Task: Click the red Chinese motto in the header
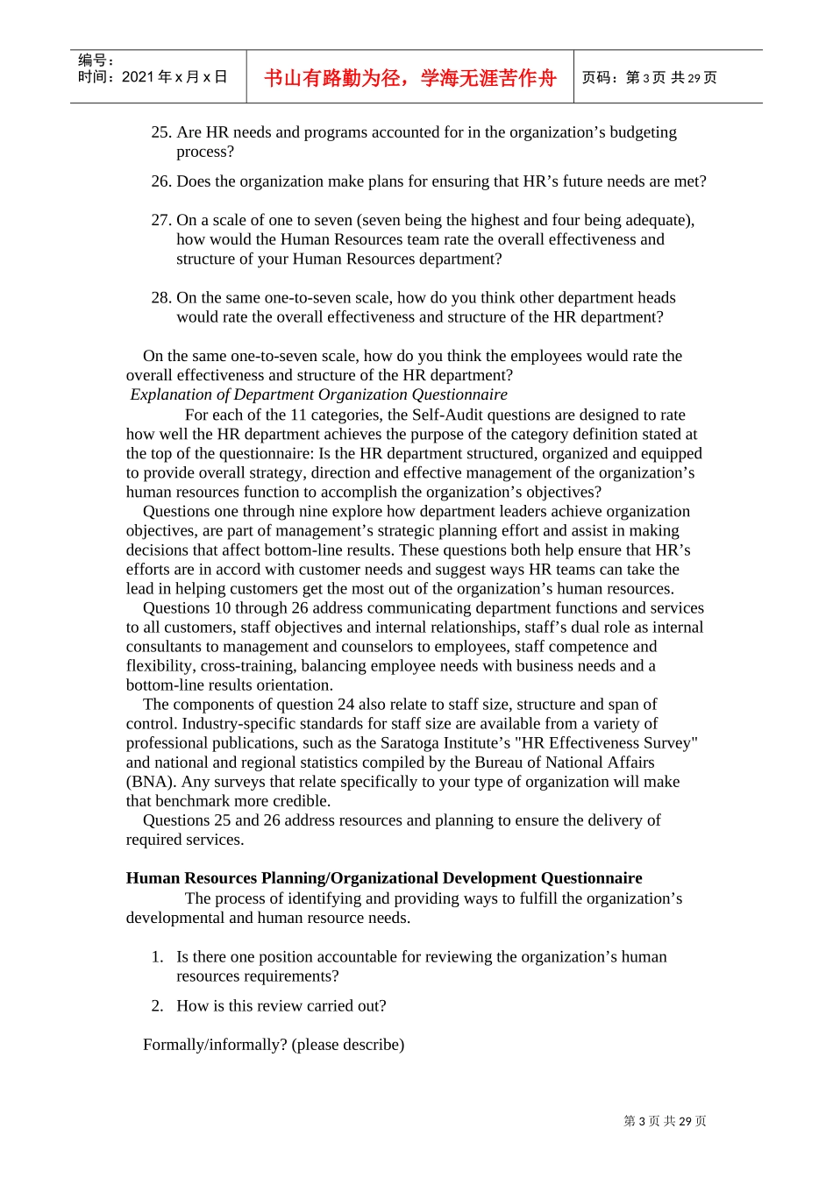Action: pos(409,78)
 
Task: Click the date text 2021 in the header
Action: pos(138,77)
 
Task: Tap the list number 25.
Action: pos(160,132)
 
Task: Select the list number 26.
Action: pos(160,181)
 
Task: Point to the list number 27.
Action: pos(160,220)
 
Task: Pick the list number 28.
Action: pos(160,298)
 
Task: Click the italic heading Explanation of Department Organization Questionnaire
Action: pos(318,394)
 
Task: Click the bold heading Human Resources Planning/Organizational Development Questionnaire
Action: pos(383,878)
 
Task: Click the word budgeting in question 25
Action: pos(642,132)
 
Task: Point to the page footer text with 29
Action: pos(665,1121)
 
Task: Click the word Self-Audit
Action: pos(450,415)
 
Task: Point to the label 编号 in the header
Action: pos(96,60)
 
